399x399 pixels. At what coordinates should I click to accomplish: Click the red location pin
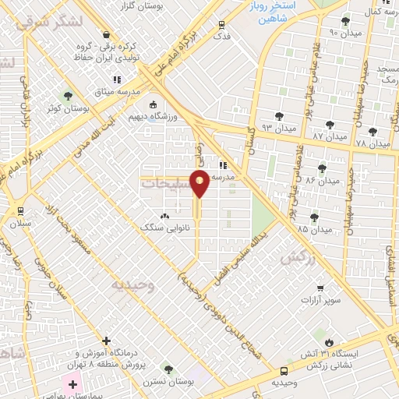[x=200, y=184]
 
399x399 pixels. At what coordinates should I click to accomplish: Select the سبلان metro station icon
[x=19, y=210]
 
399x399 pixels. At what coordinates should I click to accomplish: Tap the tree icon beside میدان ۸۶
[x=322, y=168]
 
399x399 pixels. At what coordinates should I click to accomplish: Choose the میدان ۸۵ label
[x=314, y=229]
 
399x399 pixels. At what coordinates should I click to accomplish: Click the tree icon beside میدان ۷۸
[x=373, y=132]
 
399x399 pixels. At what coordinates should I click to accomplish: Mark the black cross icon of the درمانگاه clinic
[x=107, y=340]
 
